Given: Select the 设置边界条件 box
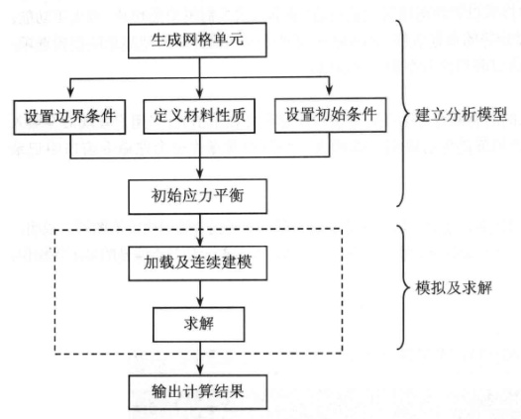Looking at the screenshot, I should [x=67, y=117].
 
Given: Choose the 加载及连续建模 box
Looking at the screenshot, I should [x=200, y=267].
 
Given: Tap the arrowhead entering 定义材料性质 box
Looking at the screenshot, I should [x=200, y=94].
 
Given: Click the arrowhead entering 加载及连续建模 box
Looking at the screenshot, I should [x=200, y=245].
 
